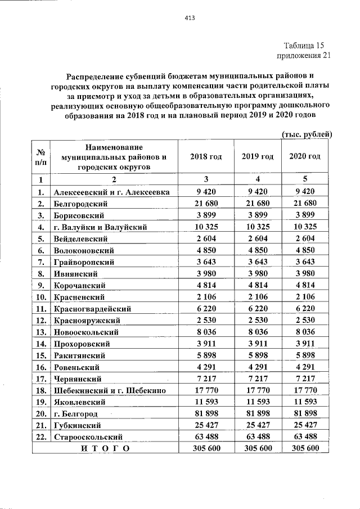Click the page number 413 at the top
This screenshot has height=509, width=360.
click(x=189, y=18)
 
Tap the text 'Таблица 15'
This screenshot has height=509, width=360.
click(x=304, y=46)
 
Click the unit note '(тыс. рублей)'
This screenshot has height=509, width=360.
click(x=306, y=134)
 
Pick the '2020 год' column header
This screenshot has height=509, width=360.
click(x=304, y=156)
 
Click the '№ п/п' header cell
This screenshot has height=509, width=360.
click(x=40, y=156)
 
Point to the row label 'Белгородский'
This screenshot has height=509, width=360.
click(x=80, y=203)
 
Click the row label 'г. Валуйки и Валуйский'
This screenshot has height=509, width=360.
click(x=100, y=227)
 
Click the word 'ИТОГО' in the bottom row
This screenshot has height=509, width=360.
click(x=105, y=448)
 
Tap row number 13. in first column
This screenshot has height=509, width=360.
click(x=40, y=332)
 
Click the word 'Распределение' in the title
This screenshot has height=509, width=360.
click(x=102, y=75)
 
